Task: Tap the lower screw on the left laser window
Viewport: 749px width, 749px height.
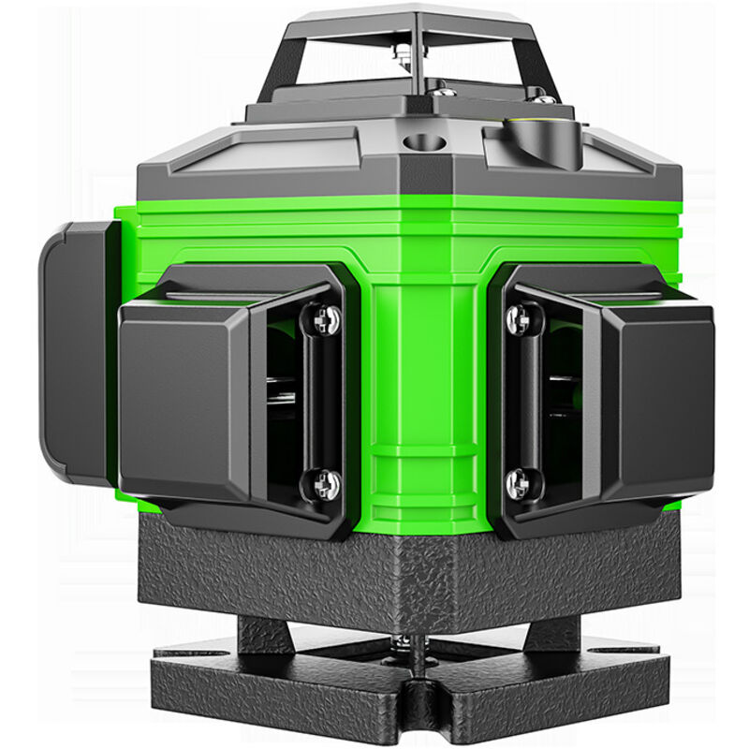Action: pyautogui.click(x=324, y=484)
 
